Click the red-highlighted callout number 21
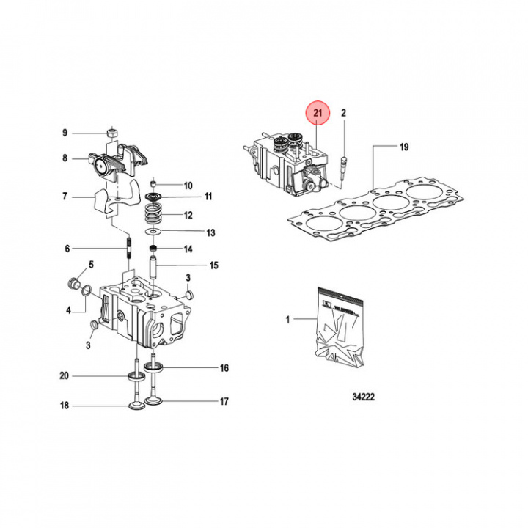coord(318,113)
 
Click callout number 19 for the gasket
coord(403,147)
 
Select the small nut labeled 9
coord(113,132)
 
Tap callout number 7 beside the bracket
coord(65,196)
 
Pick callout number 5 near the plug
coord(92,264)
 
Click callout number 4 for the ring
coord(69,310)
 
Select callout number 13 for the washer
coord(210,233)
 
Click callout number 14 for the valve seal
coord(188,249)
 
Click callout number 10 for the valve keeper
coord(188,186)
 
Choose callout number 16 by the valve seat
coord(224,367)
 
